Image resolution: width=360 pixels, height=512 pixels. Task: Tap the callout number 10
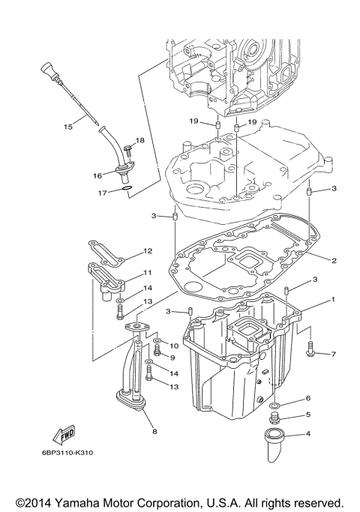(x=173, y=346)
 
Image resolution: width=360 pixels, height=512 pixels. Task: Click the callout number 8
(x=154, y=431)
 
